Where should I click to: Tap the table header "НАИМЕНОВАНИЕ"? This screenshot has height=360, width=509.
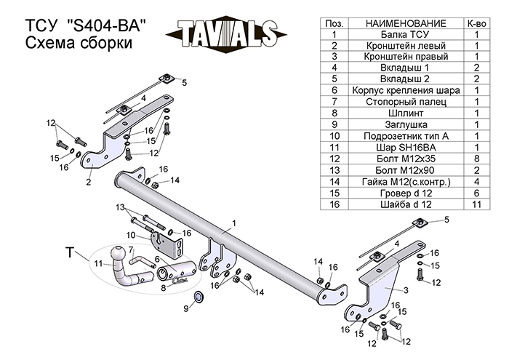point(401,24)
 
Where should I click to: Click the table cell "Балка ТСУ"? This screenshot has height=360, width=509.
point(401,34)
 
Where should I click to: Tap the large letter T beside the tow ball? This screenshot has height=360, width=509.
point(70,253)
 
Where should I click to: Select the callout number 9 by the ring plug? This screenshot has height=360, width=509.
point(186,308)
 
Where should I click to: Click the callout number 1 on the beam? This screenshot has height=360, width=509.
point(235,222)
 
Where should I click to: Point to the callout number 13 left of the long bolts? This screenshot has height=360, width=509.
point(120,208)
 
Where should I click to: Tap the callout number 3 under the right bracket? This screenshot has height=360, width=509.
point(405,289)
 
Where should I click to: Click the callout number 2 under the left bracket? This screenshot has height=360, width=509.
point(88,182)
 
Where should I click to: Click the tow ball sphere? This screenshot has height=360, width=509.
point(117,253)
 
